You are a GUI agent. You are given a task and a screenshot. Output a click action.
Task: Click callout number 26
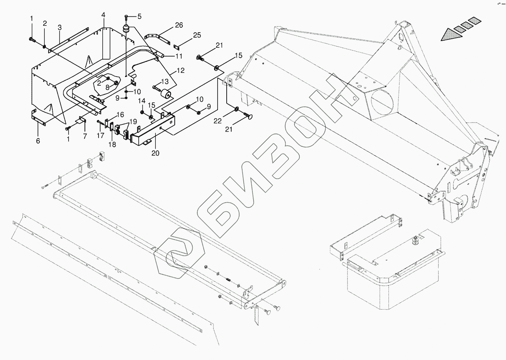179,25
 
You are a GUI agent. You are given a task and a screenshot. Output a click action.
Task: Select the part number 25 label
197,36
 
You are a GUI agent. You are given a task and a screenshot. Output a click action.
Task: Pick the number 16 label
120,115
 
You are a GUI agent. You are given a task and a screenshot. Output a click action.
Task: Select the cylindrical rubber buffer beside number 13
165,94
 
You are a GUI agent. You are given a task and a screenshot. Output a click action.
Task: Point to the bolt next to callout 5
126,16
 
